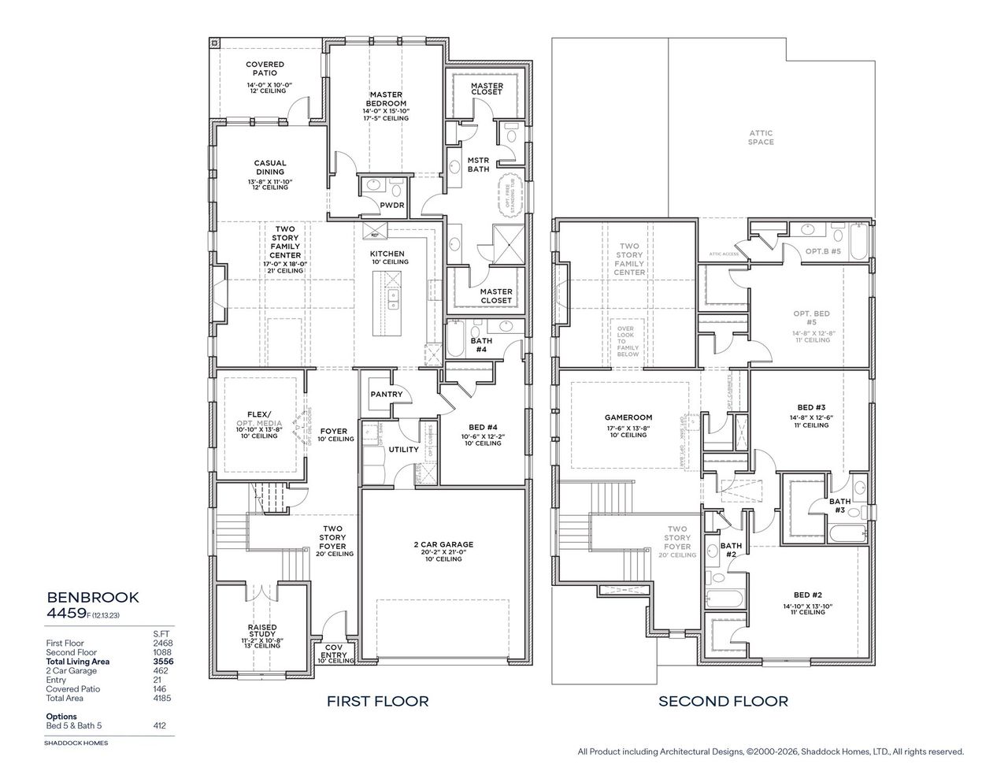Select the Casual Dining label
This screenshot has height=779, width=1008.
click(x=269, y=168)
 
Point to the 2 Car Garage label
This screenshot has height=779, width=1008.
click(x=443, y=544)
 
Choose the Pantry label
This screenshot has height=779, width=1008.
click(x=386, y=394)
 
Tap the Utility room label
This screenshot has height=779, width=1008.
click(x=404, y=449)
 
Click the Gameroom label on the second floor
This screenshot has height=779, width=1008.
click(x=628, y=417)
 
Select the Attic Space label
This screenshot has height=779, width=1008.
click(x=761, y=138)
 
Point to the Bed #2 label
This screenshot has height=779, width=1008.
click(x=808, y=595)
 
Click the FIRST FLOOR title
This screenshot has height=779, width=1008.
click(x=377, y=701)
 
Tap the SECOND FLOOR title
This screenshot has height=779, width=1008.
click(x=723, y=701)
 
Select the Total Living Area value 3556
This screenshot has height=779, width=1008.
click(x=163, y=662)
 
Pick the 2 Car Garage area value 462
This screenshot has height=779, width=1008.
click(x=162, y=670)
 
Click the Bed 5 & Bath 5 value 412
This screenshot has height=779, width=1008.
click(x=161, y=725)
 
